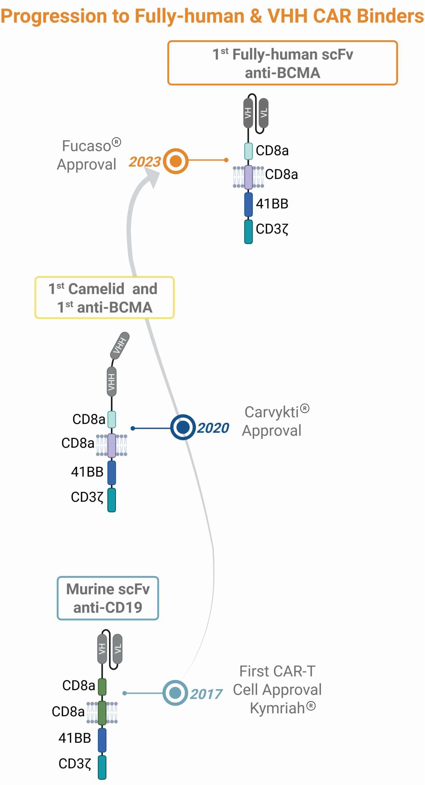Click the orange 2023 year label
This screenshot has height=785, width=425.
(144, 162)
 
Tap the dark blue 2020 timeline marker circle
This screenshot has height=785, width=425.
(183, 427)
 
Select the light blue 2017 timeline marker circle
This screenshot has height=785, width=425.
(175, 693)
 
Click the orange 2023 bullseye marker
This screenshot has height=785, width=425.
(175, 161)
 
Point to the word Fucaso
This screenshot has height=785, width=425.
(86, 146)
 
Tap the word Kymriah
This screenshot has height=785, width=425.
(277, 708)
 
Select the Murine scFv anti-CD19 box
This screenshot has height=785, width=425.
(108, 598)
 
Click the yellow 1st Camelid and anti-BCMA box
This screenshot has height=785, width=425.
(104, 298)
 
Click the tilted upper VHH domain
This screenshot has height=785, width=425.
(120, 345)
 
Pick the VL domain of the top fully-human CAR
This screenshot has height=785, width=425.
(263, 113)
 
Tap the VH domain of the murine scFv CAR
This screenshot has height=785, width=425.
(102, 649)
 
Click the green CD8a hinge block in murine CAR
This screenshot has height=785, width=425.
(102, 687)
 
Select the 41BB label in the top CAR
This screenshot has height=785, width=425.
(272, 204)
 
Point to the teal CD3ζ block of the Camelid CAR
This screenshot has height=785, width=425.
(112, 500)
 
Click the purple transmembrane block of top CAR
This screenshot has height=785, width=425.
(248, 177)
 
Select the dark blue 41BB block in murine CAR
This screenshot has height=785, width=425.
(102, 740)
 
